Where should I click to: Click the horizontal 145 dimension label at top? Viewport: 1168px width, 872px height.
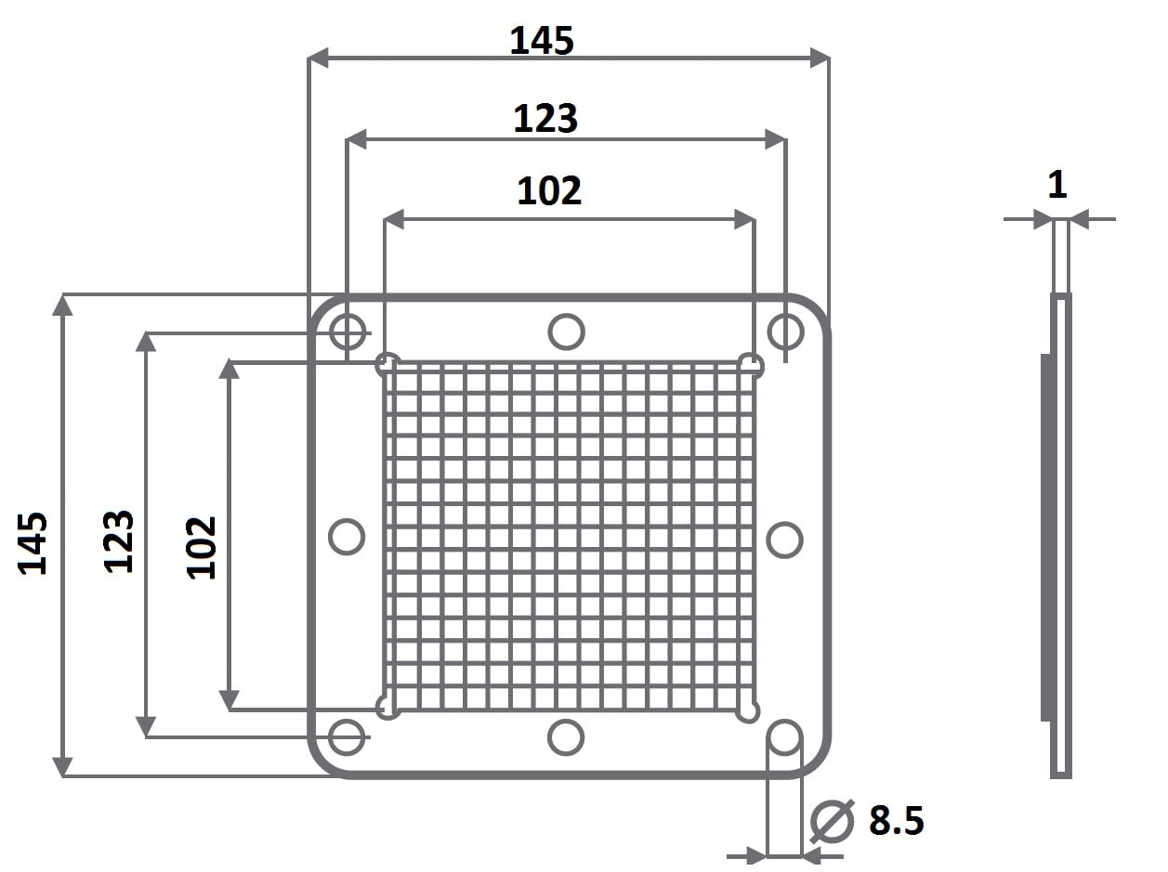coord(542,41)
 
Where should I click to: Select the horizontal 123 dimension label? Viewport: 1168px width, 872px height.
coord(545,118)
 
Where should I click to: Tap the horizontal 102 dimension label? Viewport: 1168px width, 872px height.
coord(549,191)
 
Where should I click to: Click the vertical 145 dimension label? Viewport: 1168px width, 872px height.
coord(33,543)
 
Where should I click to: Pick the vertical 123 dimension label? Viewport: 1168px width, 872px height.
coord(118,541)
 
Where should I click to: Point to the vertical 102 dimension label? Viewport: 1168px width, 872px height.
coord(201,548)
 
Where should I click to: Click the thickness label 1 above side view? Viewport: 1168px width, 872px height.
coord(1057,185)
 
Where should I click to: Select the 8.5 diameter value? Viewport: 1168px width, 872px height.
coord(897,820)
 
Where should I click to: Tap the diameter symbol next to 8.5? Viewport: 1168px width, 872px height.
coord(833,821)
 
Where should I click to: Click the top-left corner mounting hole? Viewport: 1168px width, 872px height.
coord(348,332)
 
